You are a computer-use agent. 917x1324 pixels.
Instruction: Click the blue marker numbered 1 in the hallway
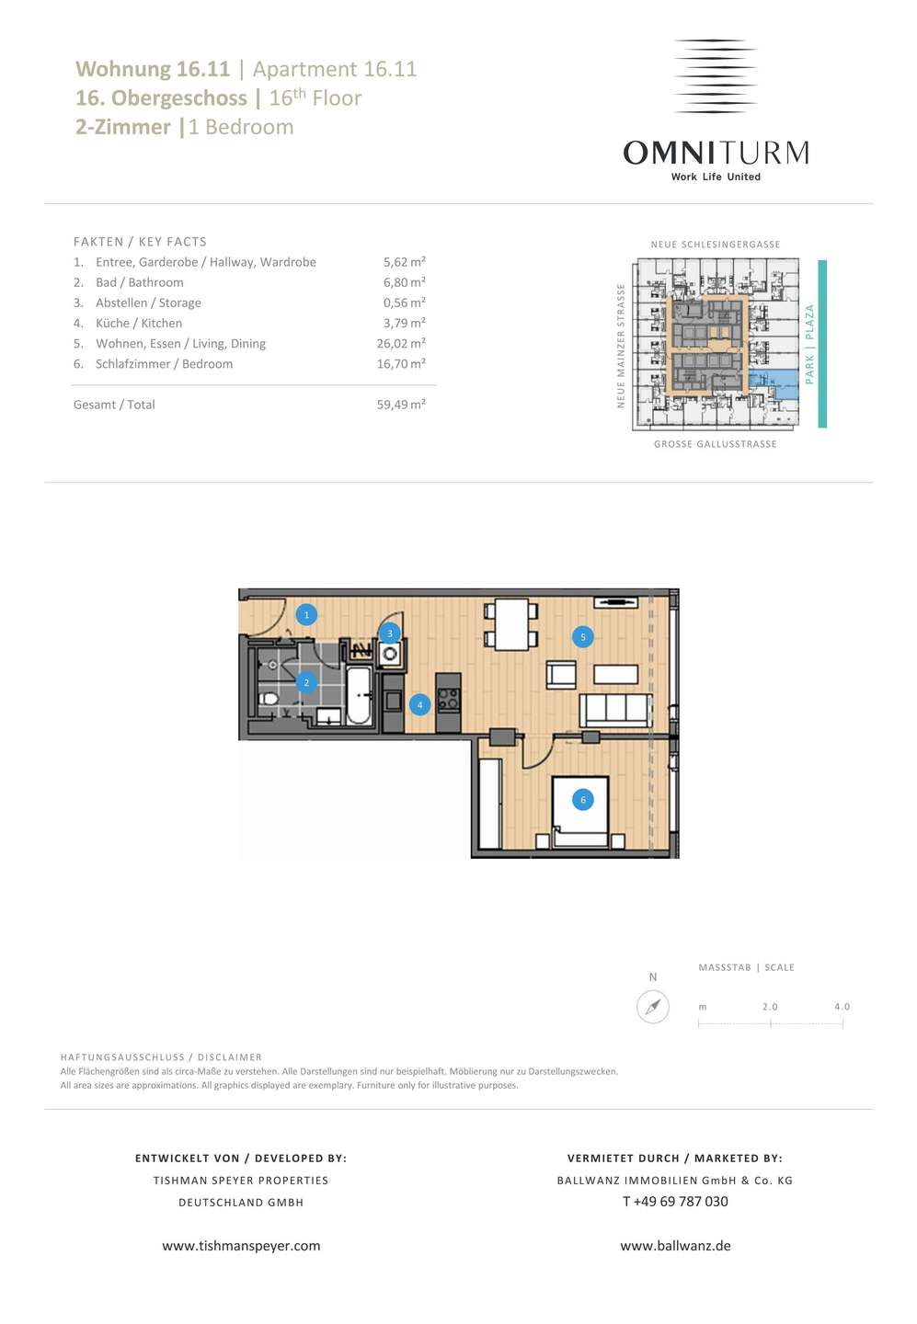coord(306,615)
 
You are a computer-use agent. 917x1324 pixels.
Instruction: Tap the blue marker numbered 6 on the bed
coord(583,800)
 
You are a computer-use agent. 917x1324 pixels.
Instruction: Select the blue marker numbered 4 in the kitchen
coord(419,704)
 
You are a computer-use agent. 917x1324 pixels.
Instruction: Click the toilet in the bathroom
coord(269,699)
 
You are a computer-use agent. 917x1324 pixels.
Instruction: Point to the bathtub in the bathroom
coord(359,696)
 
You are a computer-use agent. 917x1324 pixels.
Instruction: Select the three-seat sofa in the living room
coord(615,710)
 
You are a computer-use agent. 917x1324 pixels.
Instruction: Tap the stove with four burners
coord(448,699)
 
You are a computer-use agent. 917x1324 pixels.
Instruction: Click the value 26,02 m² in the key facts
coord(401,344)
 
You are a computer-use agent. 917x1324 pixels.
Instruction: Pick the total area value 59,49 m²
coord(401,405)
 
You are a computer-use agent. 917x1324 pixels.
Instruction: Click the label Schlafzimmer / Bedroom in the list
coord(164,364)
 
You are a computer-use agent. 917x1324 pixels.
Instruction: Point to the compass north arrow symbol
coord(653,1007)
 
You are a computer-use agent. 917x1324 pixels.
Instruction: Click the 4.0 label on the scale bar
coord(842,1006)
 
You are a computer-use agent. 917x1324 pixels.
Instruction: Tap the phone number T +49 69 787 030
coord(675,1201)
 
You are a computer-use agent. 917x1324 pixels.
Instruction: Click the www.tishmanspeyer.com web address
coord(241,1245)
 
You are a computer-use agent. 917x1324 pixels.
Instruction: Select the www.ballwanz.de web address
coord(675,1245)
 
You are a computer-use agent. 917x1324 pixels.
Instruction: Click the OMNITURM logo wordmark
coord(716,153)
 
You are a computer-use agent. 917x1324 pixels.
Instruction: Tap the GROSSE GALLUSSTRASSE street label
coord(715,444)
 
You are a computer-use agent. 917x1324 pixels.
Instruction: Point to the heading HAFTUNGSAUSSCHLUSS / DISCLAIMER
coord(161,1056)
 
